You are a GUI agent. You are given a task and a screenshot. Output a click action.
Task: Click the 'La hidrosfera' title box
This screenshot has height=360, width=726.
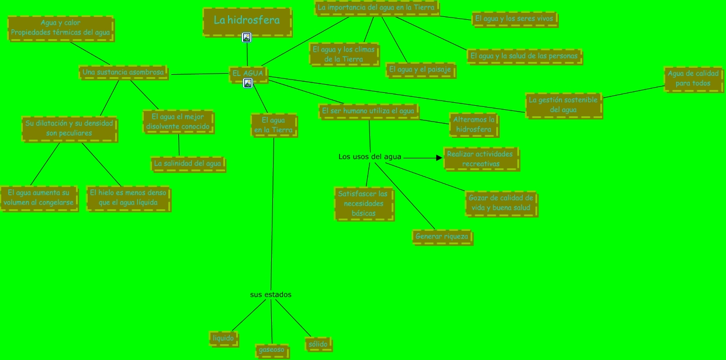(x=247, y=21)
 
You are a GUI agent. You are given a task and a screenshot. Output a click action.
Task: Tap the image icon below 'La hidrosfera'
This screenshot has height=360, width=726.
(x=247, y=37)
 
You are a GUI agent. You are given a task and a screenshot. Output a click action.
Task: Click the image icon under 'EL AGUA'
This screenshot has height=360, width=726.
(x=248, y=83)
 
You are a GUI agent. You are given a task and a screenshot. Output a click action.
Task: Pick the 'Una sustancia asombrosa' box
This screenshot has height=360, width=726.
(x=123, y=72)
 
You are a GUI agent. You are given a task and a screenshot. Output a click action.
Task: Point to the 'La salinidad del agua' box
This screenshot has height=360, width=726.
(x=188, y=164)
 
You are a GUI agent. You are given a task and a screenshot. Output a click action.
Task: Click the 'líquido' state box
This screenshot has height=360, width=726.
(x=223, y=338)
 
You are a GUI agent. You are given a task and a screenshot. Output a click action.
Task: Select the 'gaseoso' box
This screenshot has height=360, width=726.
(x=271, y=349)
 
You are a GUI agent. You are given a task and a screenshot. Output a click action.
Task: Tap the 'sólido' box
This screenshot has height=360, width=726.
(x=318, y=344)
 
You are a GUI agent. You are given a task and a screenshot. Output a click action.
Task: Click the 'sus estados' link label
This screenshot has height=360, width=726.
(x=271, y=295)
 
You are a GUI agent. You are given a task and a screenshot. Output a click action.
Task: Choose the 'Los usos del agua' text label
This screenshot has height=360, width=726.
(x=370, y=157)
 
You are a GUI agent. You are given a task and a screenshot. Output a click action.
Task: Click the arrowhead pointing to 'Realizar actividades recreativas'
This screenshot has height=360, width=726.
(x=439, y=157)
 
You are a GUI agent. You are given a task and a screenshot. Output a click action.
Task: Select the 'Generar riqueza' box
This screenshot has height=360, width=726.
(x=442, y=237)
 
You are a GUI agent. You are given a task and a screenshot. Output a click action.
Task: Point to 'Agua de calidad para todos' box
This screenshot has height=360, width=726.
(x=693, y=79)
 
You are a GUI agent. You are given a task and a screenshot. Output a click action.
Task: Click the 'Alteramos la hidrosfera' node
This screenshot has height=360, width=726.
(x=474, y=124)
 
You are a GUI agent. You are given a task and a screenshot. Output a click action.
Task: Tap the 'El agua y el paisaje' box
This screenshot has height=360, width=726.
(x=420, y=70)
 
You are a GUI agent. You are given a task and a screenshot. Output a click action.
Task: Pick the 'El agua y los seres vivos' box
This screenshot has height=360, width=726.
(x=514, y=19)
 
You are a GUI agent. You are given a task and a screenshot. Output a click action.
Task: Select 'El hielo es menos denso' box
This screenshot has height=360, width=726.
(x=128, y=198)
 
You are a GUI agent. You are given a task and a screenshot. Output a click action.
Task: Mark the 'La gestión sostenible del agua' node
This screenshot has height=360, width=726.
(x=563, y=105)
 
